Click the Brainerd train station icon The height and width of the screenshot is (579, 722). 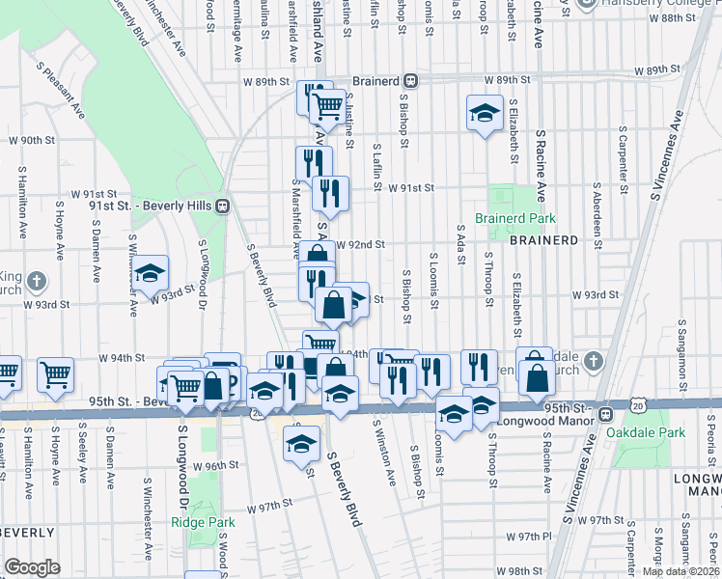pyautogui.click(x=410, y=80)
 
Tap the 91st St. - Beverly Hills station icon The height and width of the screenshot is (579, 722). pyautogui.click(x=222, y=205)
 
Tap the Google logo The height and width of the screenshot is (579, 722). pyautogui.click(x=32, y=567)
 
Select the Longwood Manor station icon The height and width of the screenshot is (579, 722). pyautogui.click(x=605, y=415)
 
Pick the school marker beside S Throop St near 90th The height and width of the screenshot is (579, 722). pyautogui.click(x=485, y=113)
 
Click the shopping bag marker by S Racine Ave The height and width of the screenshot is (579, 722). pyautogui.click(x=536, y=377)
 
